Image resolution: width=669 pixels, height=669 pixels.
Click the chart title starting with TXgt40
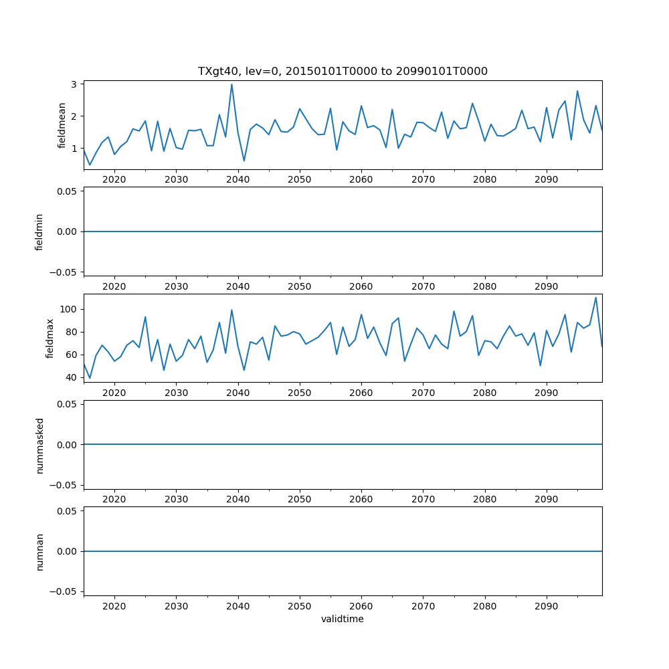click(x=343, y=71)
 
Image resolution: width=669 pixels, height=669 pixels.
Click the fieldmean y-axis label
click(x=62, y=125)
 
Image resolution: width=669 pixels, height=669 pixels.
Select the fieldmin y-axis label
click(x=39, y=231)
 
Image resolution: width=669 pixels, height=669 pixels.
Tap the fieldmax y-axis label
click(x=50, y=338)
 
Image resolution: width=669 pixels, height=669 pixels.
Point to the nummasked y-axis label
click(x=39, y=444)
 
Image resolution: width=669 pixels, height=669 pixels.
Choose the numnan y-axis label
click(x=39, y=551)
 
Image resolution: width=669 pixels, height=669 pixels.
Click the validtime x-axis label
click(x=343, y=619)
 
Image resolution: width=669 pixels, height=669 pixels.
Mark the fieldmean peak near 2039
click(x=231, y=84)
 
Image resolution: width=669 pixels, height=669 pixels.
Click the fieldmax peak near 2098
click(x=595, y=298)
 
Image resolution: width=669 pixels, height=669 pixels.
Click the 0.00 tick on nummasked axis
click(x=68, y=444)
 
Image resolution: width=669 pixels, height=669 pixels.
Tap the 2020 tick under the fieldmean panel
click(x=114, y=179)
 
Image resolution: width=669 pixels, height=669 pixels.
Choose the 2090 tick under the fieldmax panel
click(x=547, y=393)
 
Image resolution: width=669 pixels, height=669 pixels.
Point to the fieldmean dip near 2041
click(x=244, y=161)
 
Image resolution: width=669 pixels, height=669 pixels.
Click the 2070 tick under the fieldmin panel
click(x=423, y=286)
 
